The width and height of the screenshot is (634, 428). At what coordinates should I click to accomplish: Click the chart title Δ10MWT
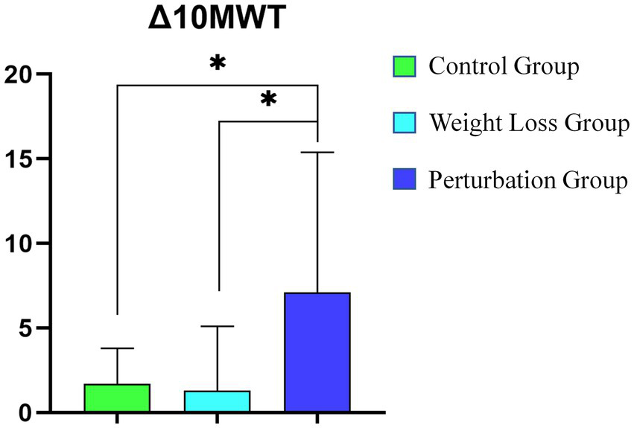(x=216, y=21)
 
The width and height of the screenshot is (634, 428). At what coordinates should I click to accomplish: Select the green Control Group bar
(x=117, y=397)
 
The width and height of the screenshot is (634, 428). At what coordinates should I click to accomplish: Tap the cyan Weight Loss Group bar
(x=217, y=400)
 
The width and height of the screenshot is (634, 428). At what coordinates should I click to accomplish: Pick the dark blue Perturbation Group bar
(x=317, y=352)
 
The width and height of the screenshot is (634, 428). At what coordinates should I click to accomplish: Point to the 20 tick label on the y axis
(x=19, y=74)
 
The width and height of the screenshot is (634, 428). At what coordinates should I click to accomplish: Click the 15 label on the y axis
(x=19, y=159)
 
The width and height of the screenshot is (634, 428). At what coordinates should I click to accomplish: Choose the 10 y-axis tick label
(x=19, y=243)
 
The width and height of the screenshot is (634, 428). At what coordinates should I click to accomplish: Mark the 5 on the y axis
(x=27, y=328)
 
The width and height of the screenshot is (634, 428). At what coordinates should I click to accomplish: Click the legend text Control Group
(x=504, y=67)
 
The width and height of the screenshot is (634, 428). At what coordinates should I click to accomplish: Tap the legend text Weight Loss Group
(x=528, y=124)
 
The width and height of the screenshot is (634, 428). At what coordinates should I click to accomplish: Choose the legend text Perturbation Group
(x=527, y=180)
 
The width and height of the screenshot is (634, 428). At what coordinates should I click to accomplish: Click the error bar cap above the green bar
(x=117, y=348)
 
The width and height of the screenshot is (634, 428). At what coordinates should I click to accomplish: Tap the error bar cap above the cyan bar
(x=217, y=326)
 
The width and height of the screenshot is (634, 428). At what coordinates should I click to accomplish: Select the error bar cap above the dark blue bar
(x=317, y=152)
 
